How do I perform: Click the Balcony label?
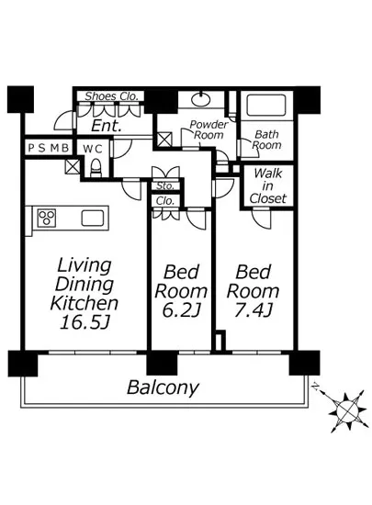click(163, 387)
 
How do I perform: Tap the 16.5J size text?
click(85, 321)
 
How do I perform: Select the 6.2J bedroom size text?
click(181, 310)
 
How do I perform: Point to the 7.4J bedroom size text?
click(254, 310)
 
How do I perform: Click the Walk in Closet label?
click(268, 186)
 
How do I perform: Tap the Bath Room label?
click(266, 140)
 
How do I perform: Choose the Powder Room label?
click(209, 129)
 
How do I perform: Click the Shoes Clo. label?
click(111, 96)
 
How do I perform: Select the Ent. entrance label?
click(107, 126)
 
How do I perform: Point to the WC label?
click(93, 149)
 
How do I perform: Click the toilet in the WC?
click(96, 168)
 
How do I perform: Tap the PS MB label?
click(49, 148)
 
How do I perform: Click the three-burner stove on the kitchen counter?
click(47, 217)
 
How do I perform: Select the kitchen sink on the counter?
click(93, 218)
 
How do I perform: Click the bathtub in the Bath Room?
click(266, 105)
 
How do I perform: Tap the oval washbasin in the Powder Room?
click(201, 99)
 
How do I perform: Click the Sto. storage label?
click(165, 185)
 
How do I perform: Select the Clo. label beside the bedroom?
click(165, 201)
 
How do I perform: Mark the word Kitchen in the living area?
click(85, 303)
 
